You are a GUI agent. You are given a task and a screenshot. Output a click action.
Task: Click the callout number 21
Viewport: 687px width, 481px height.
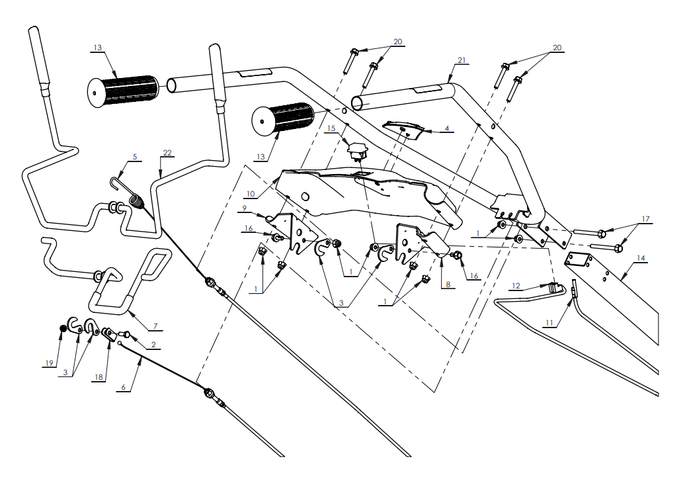(x=462, y=61)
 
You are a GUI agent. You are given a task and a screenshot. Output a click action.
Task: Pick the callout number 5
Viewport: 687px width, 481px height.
(x=135, y=157)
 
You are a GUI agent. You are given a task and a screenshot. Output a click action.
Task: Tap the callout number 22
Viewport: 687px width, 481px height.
(x=167, y=153)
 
